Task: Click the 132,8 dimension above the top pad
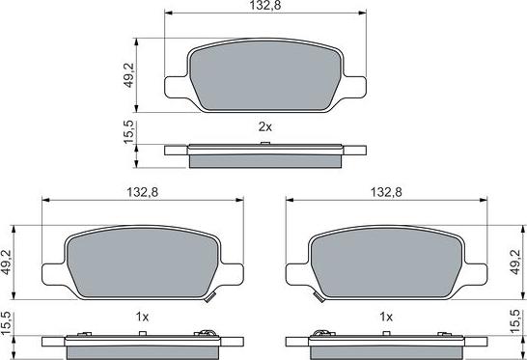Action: [265, 7]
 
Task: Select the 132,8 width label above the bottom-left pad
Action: [141, 193]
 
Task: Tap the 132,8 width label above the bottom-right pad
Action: [386, 193]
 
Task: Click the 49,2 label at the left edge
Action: [8, 262]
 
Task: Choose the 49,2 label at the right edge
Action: [519, 262]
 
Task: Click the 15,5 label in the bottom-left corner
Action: [8, 325]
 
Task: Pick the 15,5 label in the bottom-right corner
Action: [519, 325]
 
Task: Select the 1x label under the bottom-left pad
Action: [141, 316]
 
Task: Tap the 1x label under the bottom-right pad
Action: [386, 316]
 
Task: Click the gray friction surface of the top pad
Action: [265, 74]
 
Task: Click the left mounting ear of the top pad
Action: [177, 88]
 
